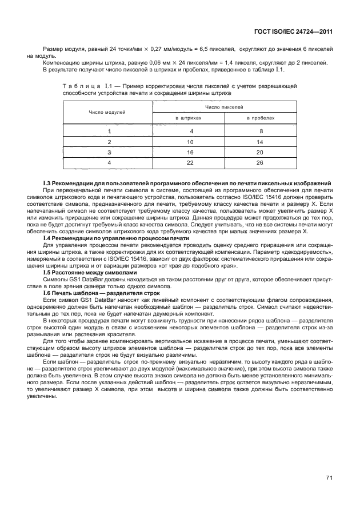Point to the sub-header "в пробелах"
tap(261, 118)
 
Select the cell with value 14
tap(261, 141)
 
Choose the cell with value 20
tap(261, 152)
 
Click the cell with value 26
tap(261, 163)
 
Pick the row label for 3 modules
tap(109, 152)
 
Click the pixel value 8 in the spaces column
tap(261, 130)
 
